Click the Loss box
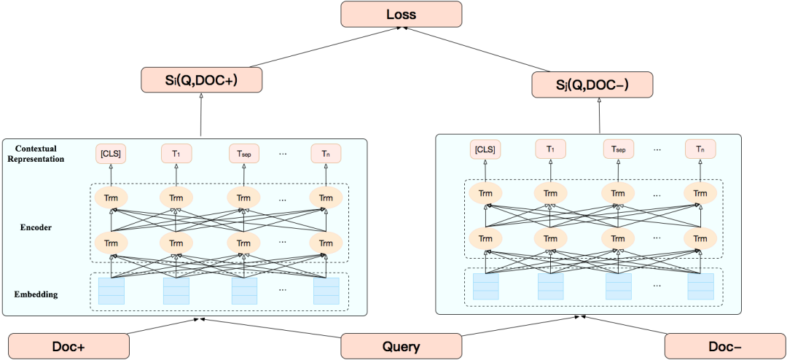pyautogui.click(x=401, y=14)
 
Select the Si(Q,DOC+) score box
pyautogui.click(x=200, y=79)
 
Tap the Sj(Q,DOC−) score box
pyautogui.click(x=592, y=85)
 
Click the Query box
pyautogui.click(x=401, y=346)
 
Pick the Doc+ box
pyautogui.click(x=68, y=347)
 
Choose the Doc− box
pyautogui.click(x=725, y=347)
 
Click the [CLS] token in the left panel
pyautogui.click(x=111, y=154)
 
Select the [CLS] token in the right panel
pyautogui.click(x=485, y=149)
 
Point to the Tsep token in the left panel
pyautogui.click(x=244, y=154)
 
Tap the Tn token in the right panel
pyautogui.click(x=700, y=149)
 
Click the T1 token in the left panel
pyautogui.click(x=176, y=154)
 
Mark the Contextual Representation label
pyautogui.click(x=36, y=154)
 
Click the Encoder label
pyautogui.click(x=36, y=227)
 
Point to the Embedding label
pyautogui.click(x=36, y=294)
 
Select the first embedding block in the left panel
pyautogui.click(x=111, y=291)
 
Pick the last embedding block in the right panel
pyautogui.click(x=700, y=286)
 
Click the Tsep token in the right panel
pyautogui.click(x=618, y=149)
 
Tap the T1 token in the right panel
pyautogui.click(x=550, y=149)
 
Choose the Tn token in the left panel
pyautogui.click(x=326, y=154)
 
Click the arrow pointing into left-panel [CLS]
pyautogui.click(x=111, y=175)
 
